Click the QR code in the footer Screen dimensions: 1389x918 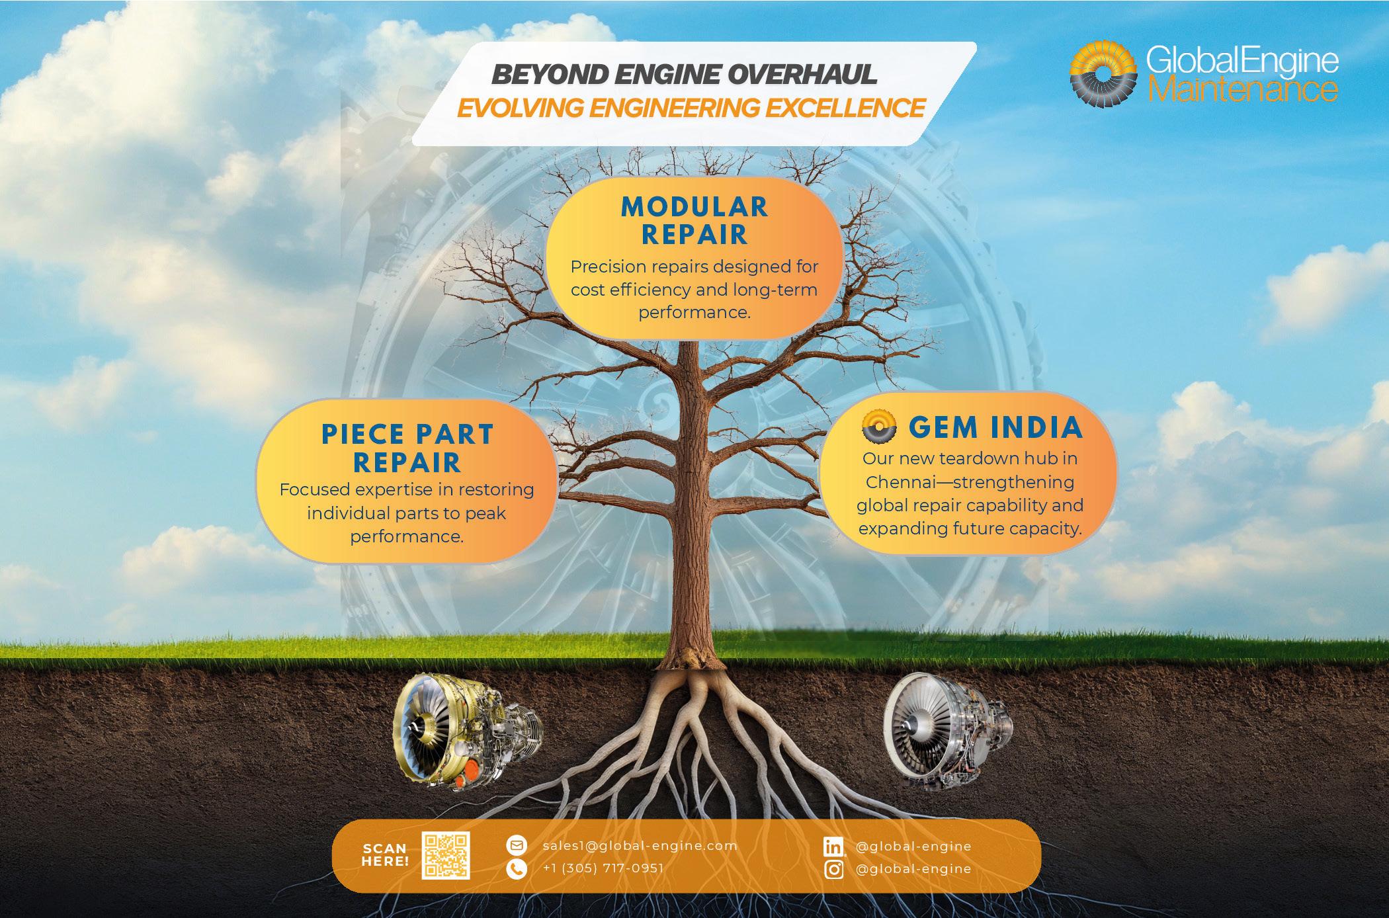point(446,855)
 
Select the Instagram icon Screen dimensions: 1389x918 point(835,869)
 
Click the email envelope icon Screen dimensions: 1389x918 point(516,845)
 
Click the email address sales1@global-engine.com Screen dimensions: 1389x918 point(640,846)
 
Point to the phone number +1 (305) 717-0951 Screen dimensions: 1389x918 point(603,868)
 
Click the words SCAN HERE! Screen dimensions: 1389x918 point(385,855)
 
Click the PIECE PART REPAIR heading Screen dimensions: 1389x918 point(407,448)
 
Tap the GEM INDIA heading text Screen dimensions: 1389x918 point(995,428)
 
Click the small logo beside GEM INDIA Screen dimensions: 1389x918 point(879,427)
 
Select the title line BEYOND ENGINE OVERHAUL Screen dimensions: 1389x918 point(685,75)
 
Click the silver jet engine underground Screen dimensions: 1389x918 point(948,729)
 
